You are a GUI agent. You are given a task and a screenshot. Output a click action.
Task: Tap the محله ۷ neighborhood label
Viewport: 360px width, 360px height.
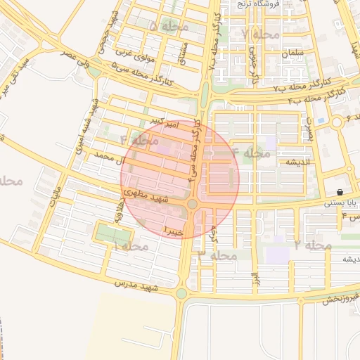coord(260,33)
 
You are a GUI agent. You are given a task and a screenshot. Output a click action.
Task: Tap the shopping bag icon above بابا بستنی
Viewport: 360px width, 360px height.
coord(340,192)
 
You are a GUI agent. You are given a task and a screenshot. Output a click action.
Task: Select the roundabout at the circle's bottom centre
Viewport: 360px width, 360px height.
coord(192,204)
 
